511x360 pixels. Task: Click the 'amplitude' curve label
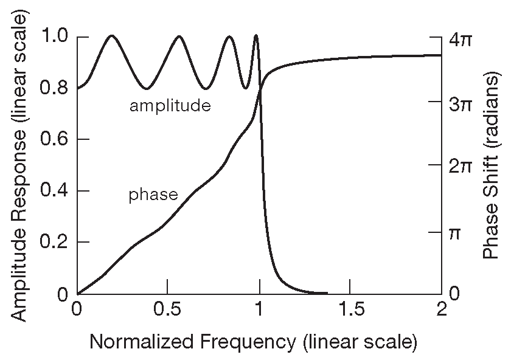coord(170,106)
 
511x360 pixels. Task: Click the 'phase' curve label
coord(153,195)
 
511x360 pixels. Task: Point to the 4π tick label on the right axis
coord(461,40)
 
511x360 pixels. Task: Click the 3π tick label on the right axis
coord(461,103)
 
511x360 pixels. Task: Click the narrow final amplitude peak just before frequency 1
coord(255,36)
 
